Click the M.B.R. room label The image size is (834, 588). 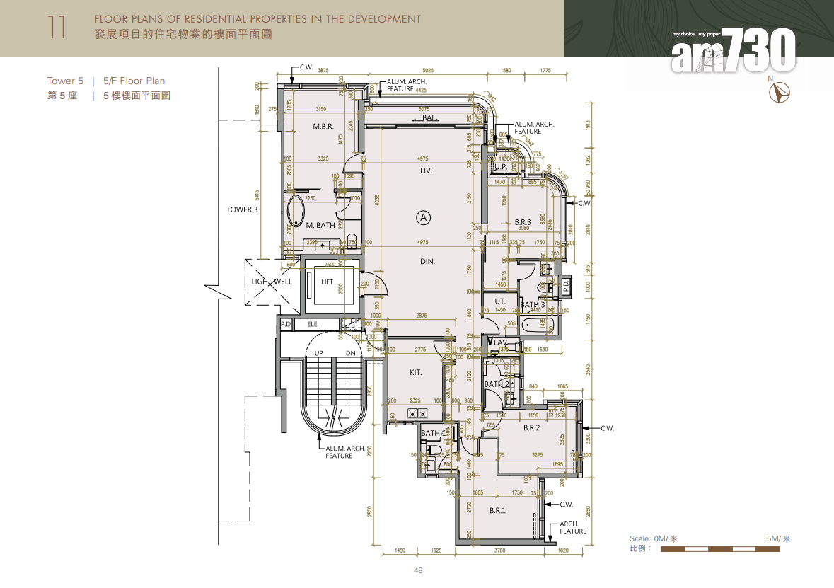(323, 126)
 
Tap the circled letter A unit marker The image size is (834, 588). (424, 217)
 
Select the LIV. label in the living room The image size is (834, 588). (425, 171)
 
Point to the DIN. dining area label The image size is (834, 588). (427, 261)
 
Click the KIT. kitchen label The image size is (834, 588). (416, 372)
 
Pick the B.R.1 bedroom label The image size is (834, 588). (498, 510)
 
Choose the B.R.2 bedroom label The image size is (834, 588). (531, 428)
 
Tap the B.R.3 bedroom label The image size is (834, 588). (523, 222)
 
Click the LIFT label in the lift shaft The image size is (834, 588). (327, 282)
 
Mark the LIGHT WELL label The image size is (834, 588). (272, 282)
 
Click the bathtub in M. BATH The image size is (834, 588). (294, 211)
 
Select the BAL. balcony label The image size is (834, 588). (429, 118)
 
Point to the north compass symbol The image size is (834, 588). (782, 93)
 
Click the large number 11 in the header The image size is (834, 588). (57, 27)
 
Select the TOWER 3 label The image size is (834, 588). (242, 209)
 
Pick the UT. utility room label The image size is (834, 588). (500, 301)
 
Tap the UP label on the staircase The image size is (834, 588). (319, 353)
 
